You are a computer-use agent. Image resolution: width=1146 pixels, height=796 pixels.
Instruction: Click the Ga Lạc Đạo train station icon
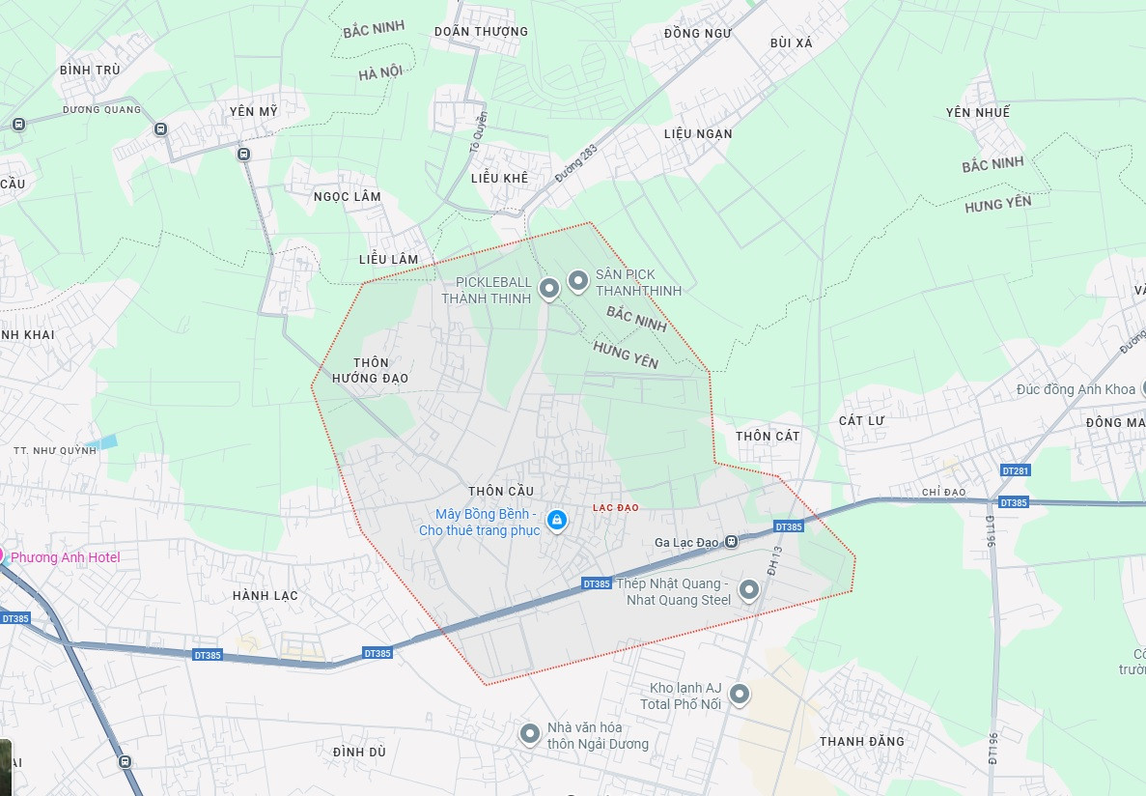[x=732, y=542]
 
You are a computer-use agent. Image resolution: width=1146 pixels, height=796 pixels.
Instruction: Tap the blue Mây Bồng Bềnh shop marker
[x=556, y=521]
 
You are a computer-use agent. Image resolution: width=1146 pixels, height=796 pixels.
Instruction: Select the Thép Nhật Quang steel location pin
[x=748, y=588]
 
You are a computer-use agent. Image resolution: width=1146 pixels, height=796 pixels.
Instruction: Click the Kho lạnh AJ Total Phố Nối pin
[x=740, y=694]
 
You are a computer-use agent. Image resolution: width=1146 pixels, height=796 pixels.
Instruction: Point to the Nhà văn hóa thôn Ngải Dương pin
[x=529, y=734]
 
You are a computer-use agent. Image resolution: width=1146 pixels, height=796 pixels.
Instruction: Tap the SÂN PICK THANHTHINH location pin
[x=578, y=281]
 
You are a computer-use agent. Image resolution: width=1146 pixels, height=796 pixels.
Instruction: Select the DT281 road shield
[x=1016, y=470]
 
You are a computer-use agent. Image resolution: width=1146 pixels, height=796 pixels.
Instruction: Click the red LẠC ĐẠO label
[x=615, y=507]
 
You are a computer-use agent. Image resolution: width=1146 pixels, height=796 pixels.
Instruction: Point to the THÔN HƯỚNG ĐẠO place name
[x=371, y=370]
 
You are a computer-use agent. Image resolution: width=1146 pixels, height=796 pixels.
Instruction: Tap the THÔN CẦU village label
[x=500, y=491]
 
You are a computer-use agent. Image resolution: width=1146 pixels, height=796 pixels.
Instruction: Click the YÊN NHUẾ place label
[x=978, y=113]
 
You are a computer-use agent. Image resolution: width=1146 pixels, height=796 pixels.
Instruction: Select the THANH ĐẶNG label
[x=862, y=741]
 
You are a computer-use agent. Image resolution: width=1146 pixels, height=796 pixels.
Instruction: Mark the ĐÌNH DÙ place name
[x=359, y=752]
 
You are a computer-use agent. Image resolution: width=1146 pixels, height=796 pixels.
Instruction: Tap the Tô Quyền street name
[x=477, y=131]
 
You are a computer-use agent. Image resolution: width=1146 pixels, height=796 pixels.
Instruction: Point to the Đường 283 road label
[x=576, y=163]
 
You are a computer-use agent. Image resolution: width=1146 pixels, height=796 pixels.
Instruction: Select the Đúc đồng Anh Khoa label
[x=1076, y=389]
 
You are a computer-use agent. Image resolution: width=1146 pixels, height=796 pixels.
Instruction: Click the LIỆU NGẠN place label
[x=698, y=133]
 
